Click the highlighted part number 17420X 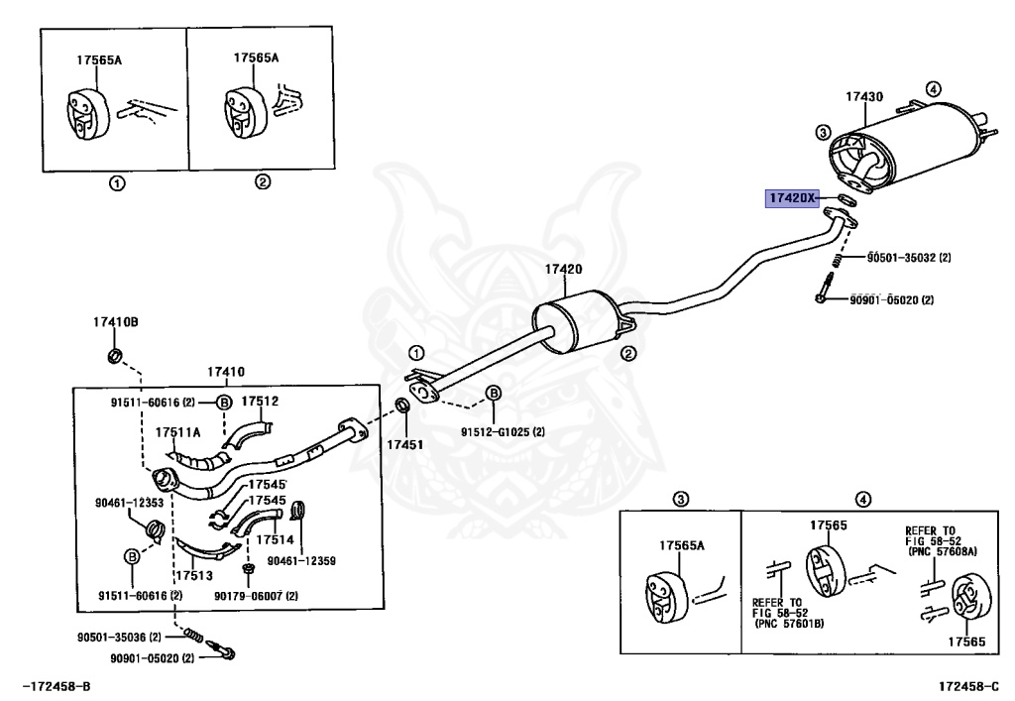(x=792, y=197)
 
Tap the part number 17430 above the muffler (x=864, y=97)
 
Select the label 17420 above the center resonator (x=563, y=270)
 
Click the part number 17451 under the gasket (x=404, y=444)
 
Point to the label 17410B (x=115, y=321)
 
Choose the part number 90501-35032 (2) (x=909, y=258)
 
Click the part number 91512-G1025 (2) (x=503, y=431)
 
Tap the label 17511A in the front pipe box (x=178, y=432)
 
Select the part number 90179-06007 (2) (x=256, y=596)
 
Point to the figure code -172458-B (x=56, y=686)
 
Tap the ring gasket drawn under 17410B (x=115, y=356)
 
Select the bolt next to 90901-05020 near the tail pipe (x=824, y=289)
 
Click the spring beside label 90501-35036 (x=191, y=635)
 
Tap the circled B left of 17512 (x=223, y=403)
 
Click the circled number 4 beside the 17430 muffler (x=933, y=89)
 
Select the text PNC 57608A (x=944, y=551)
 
